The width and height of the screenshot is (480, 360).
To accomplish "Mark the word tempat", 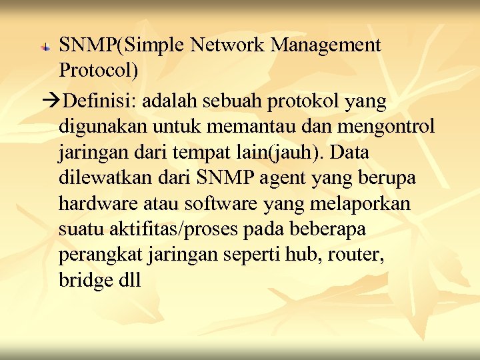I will [x=218, y=153].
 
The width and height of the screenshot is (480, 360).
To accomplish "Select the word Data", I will [x=348, y=152].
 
